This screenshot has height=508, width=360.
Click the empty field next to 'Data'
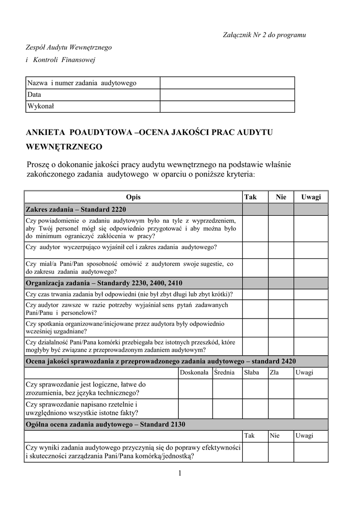click(227, 94)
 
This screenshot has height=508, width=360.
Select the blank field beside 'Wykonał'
click(227, 106)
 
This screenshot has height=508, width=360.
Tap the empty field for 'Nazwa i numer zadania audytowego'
click(227, 82)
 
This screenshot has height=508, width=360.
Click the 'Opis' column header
click(133, 197)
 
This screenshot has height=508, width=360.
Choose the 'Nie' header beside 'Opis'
click(281, 197)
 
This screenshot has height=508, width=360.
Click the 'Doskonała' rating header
click(194, 373)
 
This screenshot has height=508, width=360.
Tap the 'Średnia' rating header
click(225, 373)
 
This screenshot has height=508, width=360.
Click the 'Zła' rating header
click(274, 373)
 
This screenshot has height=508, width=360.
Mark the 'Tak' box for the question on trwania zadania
click(255, 294)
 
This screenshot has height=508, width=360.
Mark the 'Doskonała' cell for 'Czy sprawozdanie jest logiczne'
click(195, 388)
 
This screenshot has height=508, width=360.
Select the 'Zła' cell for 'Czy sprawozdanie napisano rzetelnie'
click(281, 408)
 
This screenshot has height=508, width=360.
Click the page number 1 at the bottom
click(180, 473)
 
